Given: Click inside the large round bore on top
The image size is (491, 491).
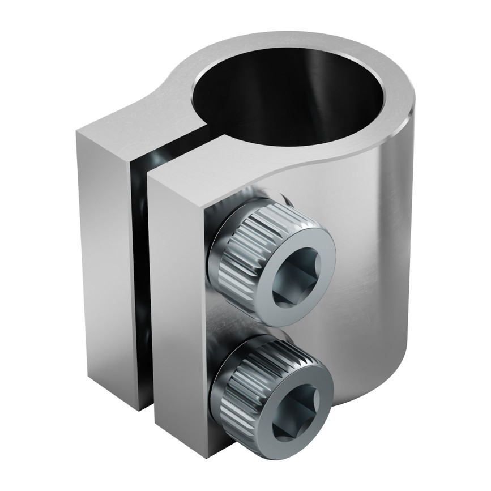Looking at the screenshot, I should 283,96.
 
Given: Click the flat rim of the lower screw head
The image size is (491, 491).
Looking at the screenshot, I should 314,396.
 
